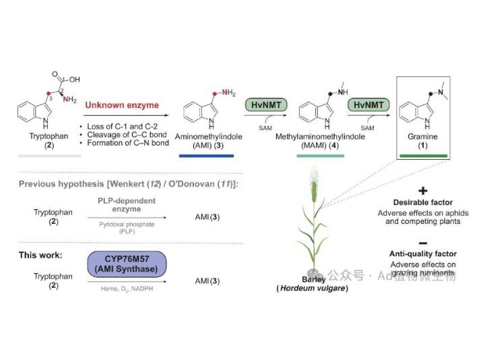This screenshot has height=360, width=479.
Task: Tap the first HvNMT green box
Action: point(262,105)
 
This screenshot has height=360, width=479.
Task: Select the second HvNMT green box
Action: point(365,105)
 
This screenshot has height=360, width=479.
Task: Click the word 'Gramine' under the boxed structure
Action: point(422,136)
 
